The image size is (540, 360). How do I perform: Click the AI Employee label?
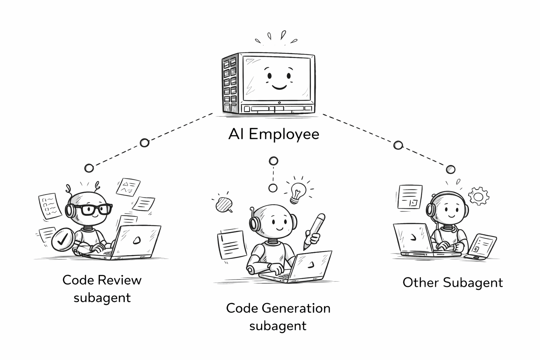tap(274, 134)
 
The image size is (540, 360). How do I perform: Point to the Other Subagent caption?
tap(452, 282)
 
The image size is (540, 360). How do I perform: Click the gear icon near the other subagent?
tap(478, 196)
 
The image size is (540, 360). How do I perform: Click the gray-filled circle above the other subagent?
tap(450, 169)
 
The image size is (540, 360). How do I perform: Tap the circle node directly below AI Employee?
tap(274, 161)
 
